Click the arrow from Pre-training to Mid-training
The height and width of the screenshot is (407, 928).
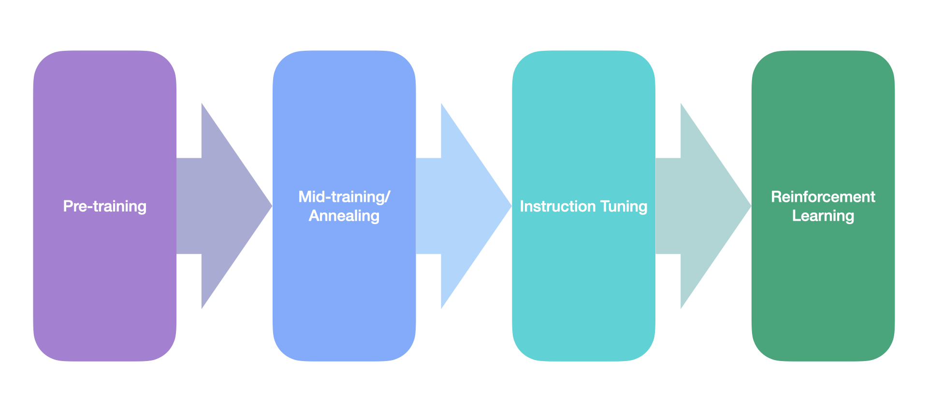(x=222, y=206)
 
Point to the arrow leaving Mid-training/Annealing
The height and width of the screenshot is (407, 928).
(x=462, y=206)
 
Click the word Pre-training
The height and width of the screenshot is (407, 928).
(x=104, y=206)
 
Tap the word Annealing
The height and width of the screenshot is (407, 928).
(x=344, y=216)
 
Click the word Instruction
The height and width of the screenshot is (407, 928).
(x=557, y=206)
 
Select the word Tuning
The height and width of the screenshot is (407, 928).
(x=623, y=207)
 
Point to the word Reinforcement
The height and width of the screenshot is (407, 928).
(x=823, y=197)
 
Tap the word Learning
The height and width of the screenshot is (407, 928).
(x=823, y=216)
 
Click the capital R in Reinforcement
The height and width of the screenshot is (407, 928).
(x=776, y=197)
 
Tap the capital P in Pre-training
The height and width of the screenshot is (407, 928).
(x=68, y=206)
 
